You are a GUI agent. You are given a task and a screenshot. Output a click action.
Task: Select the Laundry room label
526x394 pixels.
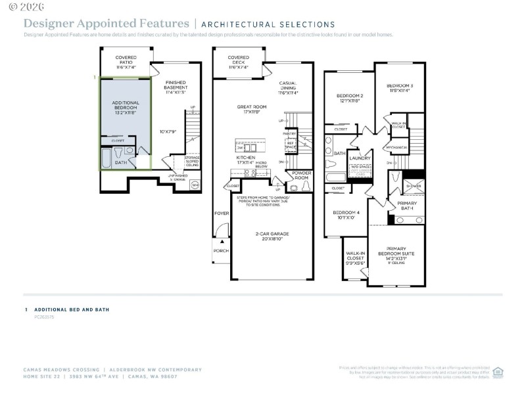point(360,158)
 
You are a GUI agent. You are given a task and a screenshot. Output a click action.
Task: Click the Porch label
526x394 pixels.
point(220,250)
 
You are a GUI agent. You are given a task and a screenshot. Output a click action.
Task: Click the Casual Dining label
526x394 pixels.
point(287,86)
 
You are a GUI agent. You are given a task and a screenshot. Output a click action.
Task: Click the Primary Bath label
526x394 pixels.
point(406,206)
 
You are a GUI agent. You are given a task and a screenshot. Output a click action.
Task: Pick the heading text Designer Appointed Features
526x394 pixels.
point(107,24)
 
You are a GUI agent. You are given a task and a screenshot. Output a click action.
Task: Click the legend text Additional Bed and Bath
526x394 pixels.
point(72,309)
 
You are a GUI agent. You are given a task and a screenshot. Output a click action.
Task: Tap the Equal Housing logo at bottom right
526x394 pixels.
point(498,372)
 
